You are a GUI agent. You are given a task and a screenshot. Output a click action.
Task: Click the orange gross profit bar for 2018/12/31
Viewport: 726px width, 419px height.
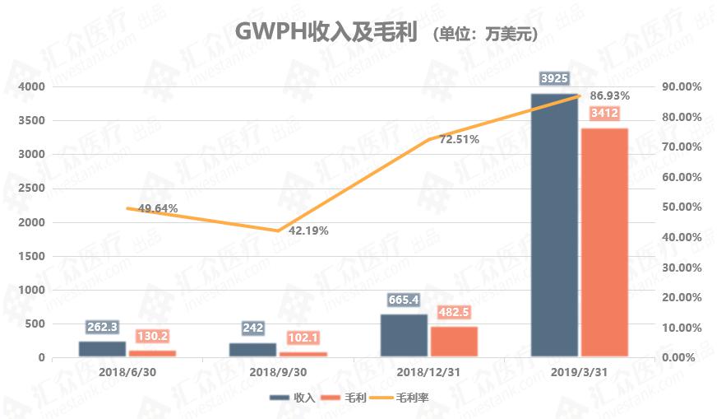tap(454, 342)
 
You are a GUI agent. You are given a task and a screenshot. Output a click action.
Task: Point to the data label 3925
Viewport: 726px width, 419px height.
tap(554, 79)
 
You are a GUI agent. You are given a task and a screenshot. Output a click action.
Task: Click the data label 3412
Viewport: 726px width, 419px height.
tap(604, 114)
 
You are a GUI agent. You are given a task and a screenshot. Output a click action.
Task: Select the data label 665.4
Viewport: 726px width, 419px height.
tap(404, 300)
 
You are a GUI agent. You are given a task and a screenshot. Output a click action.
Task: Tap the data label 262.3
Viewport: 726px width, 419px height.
tap(102, 326)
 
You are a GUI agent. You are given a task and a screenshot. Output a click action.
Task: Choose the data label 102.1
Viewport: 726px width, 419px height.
tap(303, 338)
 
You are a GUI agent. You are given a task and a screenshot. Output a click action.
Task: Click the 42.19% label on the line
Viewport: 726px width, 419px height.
tap(307, 230)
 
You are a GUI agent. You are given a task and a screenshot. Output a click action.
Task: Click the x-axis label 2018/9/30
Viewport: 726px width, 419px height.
tap(278, 372)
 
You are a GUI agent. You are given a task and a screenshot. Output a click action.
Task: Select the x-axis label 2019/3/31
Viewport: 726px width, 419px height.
tap(579, 372)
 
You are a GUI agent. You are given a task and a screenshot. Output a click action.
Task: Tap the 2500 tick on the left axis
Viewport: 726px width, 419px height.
tap(30, 189)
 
